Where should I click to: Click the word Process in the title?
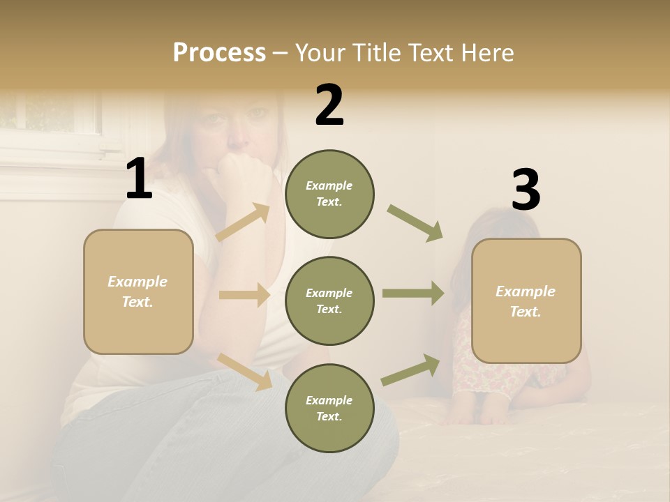(219, 53)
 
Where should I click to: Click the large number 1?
(139, 178)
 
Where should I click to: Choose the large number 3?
(526, 190)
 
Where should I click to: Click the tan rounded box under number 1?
(138, 291)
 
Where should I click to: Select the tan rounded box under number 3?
(526, 301)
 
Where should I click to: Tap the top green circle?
(329, 194)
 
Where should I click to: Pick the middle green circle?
(329, 301)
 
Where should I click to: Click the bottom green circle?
(329, 408)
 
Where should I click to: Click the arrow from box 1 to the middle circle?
(244, 295)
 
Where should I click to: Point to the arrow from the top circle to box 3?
(415, 222)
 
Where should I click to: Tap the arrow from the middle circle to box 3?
(413, 294)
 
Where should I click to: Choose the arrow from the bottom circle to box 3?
(411, 370)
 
